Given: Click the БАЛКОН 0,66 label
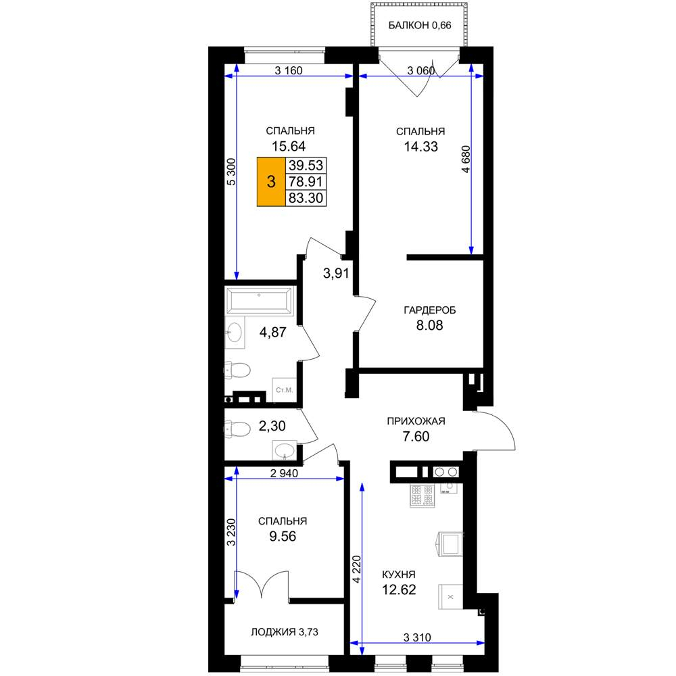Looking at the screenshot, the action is (420, 26).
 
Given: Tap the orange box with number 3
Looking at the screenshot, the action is (271, 181).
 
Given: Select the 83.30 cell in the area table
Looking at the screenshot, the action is (306, 198).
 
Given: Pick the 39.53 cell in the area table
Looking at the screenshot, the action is (306, 165).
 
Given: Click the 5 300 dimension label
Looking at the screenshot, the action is (231, 172).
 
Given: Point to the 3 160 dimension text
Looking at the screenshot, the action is (289, 70).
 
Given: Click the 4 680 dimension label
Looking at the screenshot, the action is (466, 160).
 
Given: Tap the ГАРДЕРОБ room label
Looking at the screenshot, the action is (429, 310).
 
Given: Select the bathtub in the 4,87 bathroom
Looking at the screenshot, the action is (259, 301).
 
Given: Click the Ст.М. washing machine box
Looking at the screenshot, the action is (284, 390).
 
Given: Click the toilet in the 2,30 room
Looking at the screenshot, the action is (237, 429).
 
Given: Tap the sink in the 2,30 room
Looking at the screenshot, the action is (284, 450).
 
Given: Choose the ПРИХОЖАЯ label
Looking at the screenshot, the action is (416, 421).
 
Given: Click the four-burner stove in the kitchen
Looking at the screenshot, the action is (422, 496).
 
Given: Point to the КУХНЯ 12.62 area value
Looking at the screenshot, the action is (399, 589).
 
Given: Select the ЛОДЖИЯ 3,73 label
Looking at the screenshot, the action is (285, 632).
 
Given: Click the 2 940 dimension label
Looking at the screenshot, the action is (284, 473).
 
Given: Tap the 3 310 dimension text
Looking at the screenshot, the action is (417, 637).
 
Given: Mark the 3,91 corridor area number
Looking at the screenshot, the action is (336, 273).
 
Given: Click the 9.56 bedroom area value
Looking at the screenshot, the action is (283, 536).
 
